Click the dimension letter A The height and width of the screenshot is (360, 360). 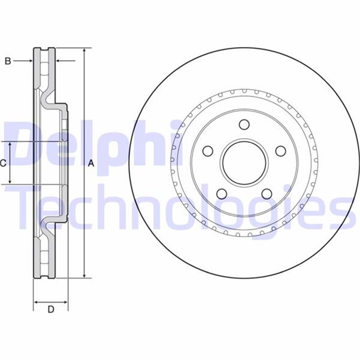pyautogui.click(x=91, y=163)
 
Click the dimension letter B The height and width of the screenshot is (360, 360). pyautogui.click(x=8, y=61)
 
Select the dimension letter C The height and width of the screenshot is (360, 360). pyautogui.click(x=3, y=163)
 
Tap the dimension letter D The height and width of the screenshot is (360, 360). pyautogui.click(x=51, y=309)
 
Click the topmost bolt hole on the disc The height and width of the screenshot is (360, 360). pyautogui.click(x=244, y=125)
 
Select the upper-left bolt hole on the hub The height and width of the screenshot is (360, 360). pyautogui.click(x=207, y=151)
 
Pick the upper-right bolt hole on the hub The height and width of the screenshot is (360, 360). pyautogui.click(x=280, y=151)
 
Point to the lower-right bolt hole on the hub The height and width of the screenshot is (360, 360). pyautogui.click(x=266, y=194)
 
